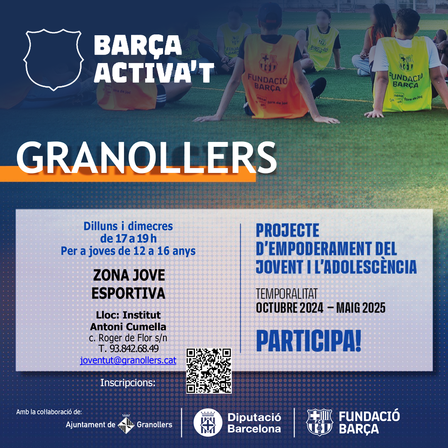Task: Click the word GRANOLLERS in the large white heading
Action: (146, 158)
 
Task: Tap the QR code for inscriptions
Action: (209, 370)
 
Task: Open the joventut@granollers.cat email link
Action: (128, 360)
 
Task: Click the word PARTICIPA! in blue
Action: (309, 341)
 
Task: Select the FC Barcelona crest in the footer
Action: (319, 422)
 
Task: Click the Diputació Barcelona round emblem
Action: (208, 422)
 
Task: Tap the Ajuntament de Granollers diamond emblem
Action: (126, 424)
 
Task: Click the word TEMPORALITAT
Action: (287, 294)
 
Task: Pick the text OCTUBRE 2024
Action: (290, 308)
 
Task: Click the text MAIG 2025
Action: (360, 308)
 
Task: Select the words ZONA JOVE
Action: (129, 275)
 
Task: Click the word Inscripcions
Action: (128, 383)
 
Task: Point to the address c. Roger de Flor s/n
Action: (128, 338)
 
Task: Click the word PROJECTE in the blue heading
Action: (287, 231)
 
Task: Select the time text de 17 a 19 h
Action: (128, 239)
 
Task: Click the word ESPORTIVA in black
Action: (128, 293)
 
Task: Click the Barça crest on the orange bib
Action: (268, 63)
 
